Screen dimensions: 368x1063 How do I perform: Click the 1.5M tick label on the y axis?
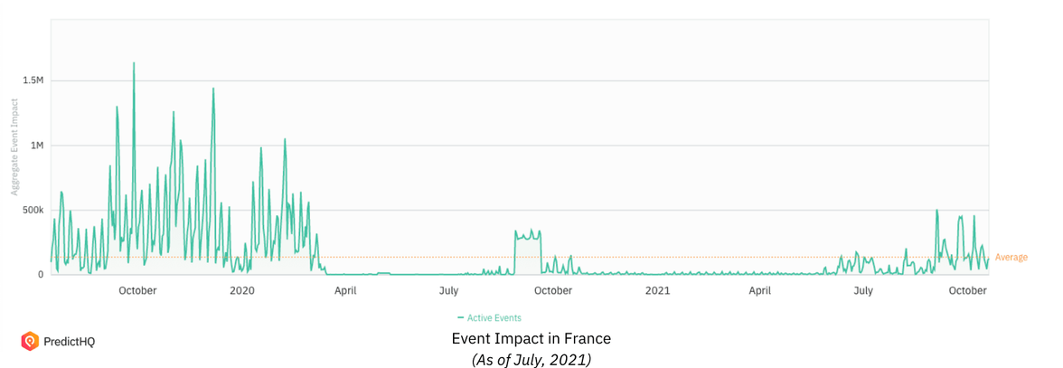tap(33, 80)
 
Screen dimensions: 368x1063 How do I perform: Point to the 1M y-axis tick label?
tap(36, 146)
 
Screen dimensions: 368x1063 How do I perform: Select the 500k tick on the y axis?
tap(32, 210)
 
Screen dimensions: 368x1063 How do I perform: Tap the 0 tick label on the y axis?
tap(41, 275)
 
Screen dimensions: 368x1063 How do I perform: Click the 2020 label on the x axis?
tap(242, 290)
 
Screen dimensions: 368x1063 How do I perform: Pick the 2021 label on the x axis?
tap(657, 290)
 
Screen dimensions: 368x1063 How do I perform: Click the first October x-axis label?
tap(137, 290)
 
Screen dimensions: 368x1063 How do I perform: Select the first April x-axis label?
tap(345, 290)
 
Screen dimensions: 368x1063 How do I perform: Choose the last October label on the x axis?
tap(967, 290)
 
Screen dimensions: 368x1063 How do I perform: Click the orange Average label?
tap(1011, 258)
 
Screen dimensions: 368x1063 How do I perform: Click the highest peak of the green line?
tap(134, 63)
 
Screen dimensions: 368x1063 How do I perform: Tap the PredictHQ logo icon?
tap(30, 341)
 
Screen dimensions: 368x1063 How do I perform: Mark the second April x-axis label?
tap(760, 290)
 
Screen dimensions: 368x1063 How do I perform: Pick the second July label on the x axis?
tap(863, 290)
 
